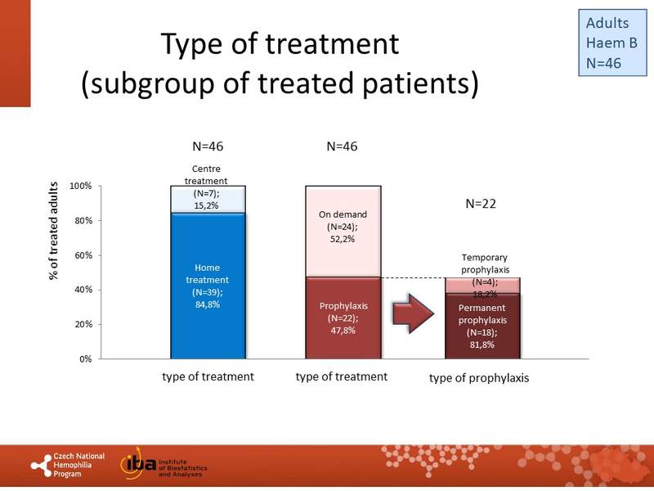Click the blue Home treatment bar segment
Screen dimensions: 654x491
[x=208, y=286]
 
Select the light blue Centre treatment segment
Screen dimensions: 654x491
[x=208, y=200]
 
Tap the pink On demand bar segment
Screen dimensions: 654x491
[x=343, y=232]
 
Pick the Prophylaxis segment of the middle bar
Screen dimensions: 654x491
[x=343, y=318]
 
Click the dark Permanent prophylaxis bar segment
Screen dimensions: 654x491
[x=482, y=326]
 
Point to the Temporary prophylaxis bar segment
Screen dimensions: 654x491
[x=482, y=286]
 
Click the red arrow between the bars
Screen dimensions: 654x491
[x=414, y=313]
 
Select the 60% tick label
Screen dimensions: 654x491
[x=83, y=255]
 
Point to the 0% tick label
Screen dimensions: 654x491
[x=86, y=359]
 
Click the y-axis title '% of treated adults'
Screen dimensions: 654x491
[x=53, y=231]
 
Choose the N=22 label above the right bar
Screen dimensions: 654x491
[x=481, y=204]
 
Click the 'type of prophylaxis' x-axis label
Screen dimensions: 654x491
[x=479, y=378]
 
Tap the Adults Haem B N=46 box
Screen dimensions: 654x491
[x=612, y=43]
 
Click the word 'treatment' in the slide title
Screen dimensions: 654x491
[x=332, y=43]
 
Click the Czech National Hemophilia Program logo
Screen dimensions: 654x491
[x=68, y=465]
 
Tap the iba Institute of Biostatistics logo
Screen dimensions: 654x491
[x=163, y=463]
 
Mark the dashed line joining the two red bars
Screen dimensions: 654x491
[x=413, y=278]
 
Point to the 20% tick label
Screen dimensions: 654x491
[x=83, y=324]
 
